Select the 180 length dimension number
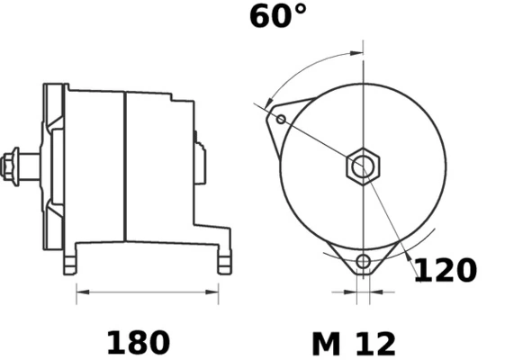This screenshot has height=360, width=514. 138,343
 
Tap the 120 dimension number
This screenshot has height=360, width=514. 445,270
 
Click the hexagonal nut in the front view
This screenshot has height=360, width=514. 364,166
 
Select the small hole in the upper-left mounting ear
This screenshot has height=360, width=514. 281,119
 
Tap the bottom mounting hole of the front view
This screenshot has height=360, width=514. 363,263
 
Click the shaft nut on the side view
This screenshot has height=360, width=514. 14,166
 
